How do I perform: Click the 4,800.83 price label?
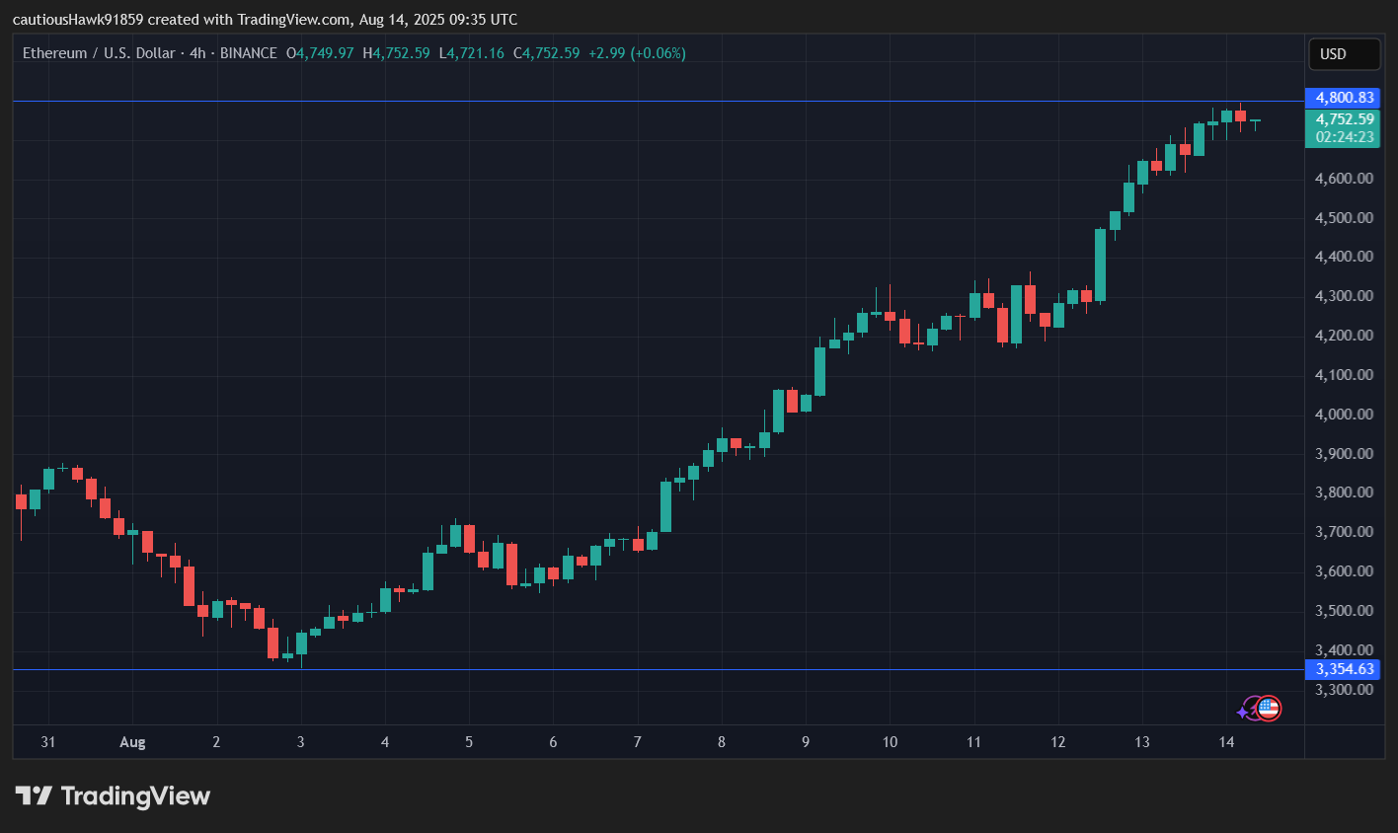[x=1344, y=98]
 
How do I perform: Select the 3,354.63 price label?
[x=1344, y=669]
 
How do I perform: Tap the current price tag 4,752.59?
[x=1344, y=119]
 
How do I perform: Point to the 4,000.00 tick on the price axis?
[x=1344, y=415]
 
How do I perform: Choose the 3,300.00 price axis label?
[x=1344, y=690]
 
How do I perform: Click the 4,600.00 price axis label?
[x=1344, y=179]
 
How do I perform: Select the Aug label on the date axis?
[x=132, y=742]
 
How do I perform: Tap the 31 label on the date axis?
[x=48, y=742]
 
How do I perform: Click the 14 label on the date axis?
[x=1226, y=742]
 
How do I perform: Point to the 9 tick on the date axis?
[x=806, y=742]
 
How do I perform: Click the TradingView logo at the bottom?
[x=113, y=795]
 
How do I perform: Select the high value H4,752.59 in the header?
[x=397, y=53]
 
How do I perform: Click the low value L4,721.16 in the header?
[x=472, y=53]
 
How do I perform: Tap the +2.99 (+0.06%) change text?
[x=637, y=53]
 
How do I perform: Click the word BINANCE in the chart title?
[x=249, y=53]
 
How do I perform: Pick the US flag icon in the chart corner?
[x=1269, y=708]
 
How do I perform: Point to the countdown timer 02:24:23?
[x=1344, y=137]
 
